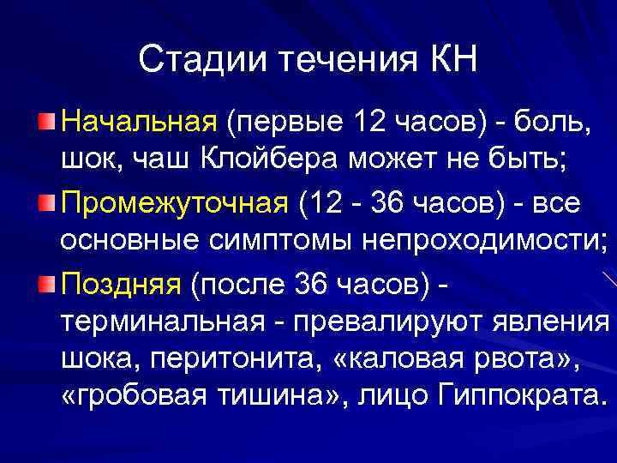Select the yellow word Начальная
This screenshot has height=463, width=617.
coord(139,122)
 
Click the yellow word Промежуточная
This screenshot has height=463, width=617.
coord(174,203)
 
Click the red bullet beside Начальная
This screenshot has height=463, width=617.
coord(48,122)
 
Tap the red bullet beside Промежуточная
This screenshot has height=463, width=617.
coord(48,203)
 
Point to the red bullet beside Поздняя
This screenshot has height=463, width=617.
coord(48,284)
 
